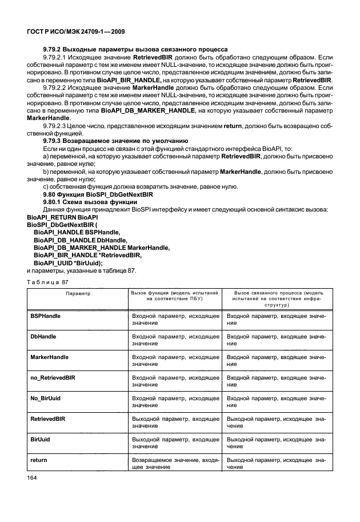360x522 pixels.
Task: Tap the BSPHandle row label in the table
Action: click(x=46, y=316)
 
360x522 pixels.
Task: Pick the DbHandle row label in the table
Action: click(x=43, y=336)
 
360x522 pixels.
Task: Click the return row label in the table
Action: click(x=38, y=460)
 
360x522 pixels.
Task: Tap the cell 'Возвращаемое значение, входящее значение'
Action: click(x=175, y=464)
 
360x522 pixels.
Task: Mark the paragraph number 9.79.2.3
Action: click(x=55, y=125)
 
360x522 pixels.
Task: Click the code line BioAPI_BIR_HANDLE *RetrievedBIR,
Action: click(x=87, y=255)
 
